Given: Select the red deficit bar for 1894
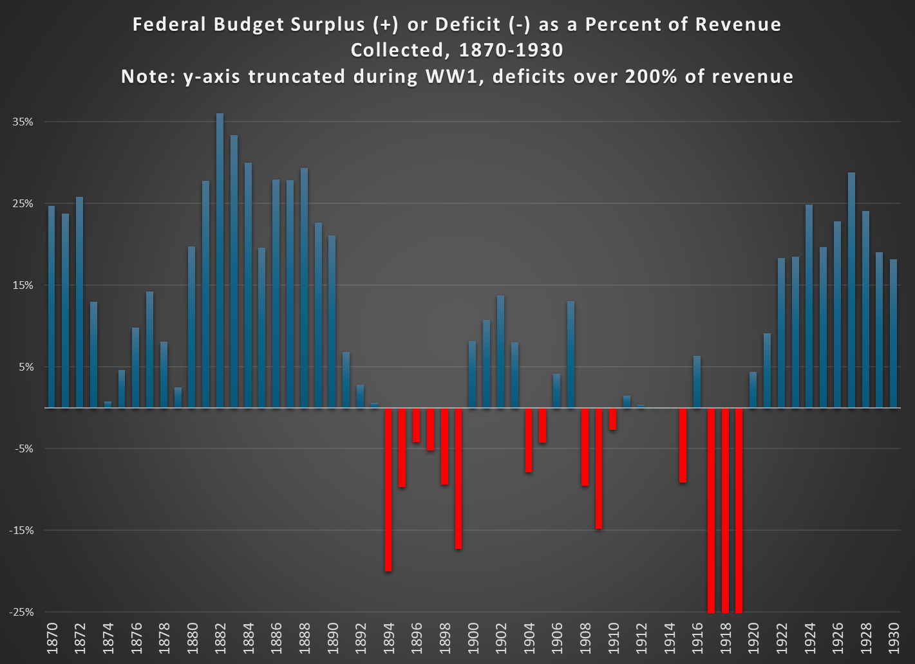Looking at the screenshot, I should (x=388, y=489).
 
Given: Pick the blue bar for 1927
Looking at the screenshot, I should (x=852, y=290).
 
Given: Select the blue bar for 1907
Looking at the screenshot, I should (x=571, y=354).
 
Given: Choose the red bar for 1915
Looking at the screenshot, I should (x=683, y=445).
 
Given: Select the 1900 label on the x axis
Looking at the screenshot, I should (x=473, y=636).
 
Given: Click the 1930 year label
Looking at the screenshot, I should (x=894, y=636).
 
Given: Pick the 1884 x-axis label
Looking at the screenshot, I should (x=249, y=636).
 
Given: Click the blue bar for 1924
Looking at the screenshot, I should (x=809, y=306).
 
